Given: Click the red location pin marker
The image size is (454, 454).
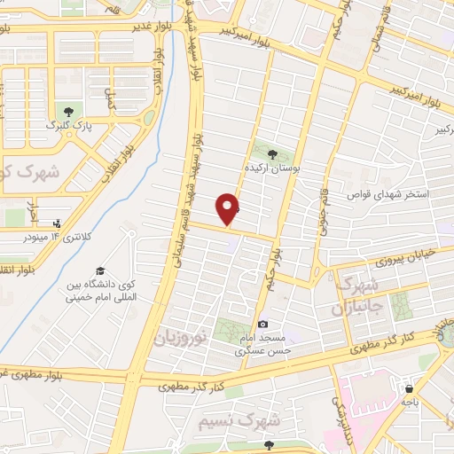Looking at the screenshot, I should (229, 208).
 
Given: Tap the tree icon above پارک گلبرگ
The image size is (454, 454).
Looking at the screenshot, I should (68, 112).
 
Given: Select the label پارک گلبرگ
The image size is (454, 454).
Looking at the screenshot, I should (68, 127).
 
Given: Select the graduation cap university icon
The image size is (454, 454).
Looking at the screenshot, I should (99, 270).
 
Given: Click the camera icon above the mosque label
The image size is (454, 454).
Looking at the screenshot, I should (262, 325).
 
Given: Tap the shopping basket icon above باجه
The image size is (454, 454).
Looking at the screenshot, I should (409, 388).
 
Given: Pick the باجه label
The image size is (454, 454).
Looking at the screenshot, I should (408, 402).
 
